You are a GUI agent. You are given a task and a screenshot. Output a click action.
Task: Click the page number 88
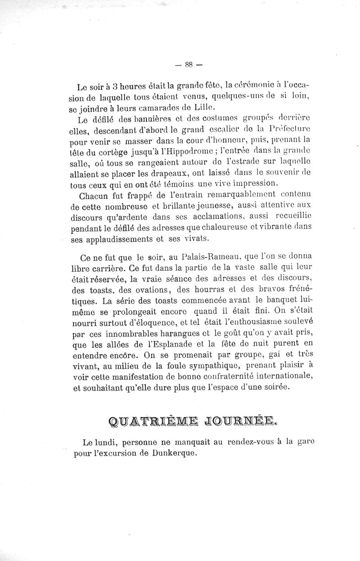coord(188,64)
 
